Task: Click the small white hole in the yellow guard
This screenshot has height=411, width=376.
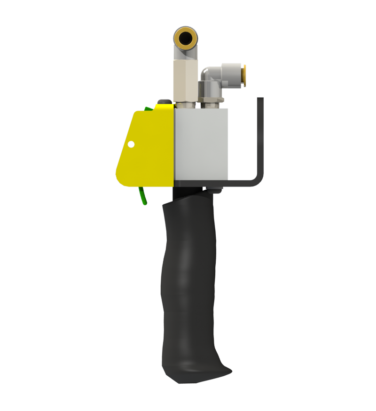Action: point(131,144)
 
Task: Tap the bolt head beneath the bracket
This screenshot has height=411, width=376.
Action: point(215,190)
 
